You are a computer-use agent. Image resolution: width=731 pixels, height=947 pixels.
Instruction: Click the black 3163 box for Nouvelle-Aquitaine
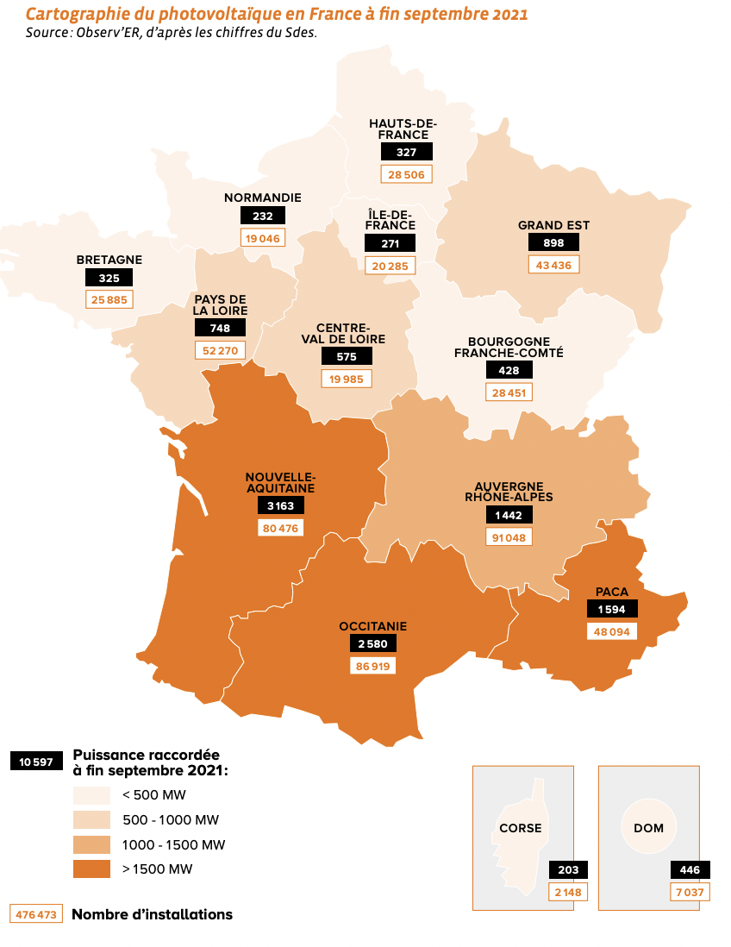click(280, 505)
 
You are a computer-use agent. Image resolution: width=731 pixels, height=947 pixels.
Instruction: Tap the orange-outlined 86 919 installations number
click(372, 666)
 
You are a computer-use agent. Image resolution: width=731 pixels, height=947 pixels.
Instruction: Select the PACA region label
click(611, 592)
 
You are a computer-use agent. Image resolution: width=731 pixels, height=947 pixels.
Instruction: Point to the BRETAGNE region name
click(109, 260)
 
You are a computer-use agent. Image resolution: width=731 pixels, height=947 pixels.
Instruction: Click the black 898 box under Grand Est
click(553, 242)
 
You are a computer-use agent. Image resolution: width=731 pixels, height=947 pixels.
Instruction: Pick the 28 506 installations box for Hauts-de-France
click(406, 173)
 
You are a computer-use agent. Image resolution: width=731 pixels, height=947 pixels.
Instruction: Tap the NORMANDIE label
click(263, 198)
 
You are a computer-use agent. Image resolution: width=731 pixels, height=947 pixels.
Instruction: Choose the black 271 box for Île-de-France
click(390, 243)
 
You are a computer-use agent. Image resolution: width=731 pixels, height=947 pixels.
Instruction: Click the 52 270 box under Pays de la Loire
click(221, 349)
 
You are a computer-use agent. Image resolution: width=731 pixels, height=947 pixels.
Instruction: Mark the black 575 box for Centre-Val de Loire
click(346, 356)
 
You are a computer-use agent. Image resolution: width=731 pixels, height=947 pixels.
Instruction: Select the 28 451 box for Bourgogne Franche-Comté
click(509, 392)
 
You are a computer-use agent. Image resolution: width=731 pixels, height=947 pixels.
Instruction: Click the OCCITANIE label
click(372, 626)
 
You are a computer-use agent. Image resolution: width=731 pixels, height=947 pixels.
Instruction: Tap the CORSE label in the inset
click(521, 828)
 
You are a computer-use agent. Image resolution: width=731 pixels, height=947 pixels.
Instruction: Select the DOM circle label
click(648, 828)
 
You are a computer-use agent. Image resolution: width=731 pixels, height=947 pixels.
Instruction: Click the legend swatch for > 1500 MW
click(91, 869)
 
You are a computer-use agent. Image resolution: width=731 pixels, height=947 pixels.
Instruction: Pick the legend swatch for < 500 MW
click(91, 794)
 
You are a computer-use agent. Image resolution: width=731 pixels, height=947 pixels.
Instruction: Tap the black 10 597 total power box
click(36, 762)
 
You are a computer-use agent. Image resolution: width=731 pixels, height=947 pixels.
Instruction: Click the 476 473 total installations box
click(36, 913)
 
